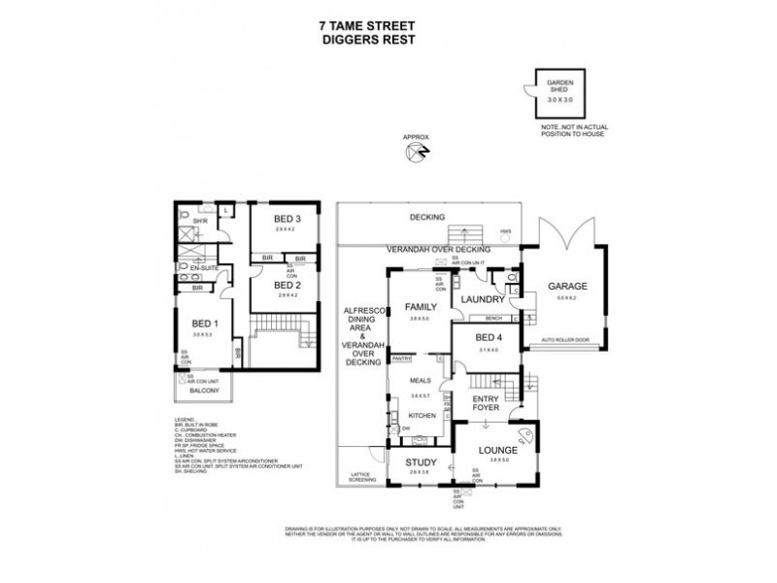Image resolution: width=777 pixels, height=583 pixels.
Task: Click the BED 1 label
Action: [202, 324]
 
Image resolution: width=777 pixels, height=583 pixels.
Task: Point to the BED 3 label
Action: [283, 220]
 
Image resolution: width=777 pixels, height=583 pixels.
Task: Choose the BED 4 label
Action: [488, 338]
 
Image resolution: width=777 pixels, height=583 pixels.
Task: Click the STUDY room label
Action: [421, 463]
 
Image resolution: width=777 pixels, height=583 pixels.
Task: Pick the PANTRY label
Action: [401, 359]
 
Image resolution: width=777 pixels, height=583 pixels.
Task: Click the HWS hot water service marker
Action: [505, 230]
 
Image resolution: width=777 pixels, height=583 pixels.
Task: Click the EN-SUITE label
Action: [202, 264]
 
